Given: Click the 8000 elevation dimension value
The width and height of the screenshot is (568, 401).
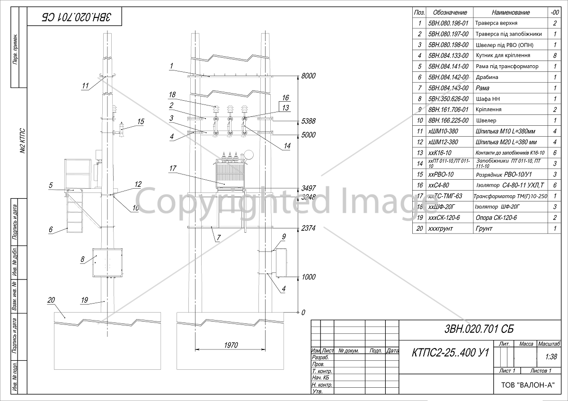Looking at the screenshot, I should [x=309, y=76].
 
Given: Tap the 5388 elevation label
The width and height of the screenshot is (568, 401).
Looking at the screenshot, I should [x=309, y=122].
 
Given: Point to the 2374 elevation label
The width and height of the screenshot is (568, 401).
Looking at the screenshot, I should [x=309, y=228].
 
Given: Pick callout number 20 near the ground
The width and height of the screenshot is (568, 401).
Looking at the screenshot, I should [x=52, y=300].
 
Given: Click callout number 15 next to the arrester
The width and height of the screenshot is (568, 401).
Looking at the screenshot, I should [x=141, y=122].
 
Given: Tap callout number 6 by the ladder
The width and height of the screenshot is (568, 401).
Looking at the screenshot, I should [x=51, y=230].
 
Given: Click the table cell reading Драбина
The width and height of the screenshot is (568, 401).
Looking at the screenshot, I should [x=487, y=77].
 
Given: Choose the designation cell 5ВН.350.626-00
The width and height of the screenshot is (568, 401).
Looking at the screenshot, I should [x=448, y=99].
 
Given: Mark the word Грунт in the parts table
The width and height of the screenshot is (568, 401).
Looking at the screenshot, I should [x=484, y=228].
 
